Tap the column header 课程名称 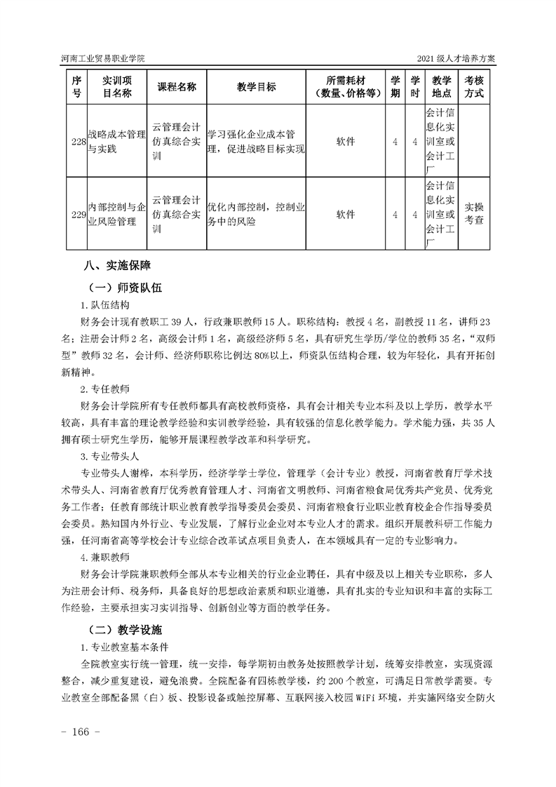(x=177, y=86)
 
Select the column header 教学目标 (x=256, y=86)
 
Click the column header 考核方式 (x=474, y=86)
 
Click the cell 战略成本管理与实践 (x=116, y=142)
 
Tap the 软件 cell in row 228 (x=346, y=142)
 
